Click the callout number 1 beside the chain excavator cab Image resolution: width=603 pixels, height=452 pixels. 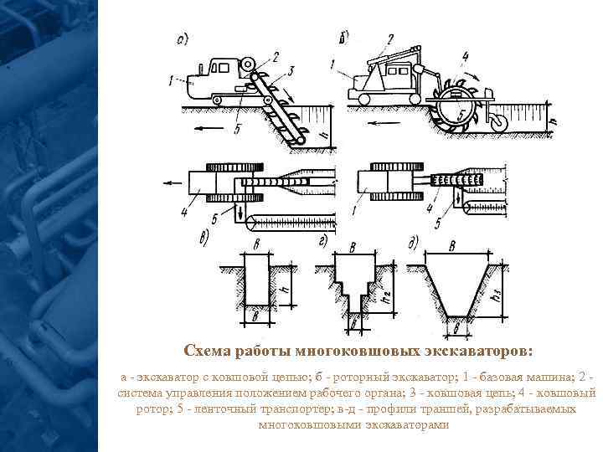coord(173,80)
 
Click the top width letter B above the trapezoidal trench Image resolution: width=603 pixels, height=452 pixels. coord(453,247)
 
